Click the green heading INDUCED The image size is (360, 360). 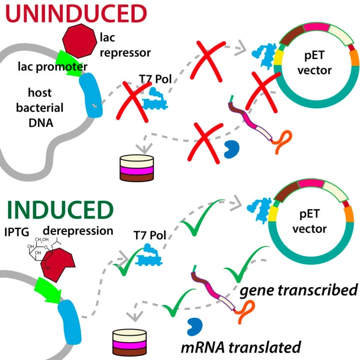coord(58,210)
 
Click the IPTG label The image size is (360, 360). coord(18,231)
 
